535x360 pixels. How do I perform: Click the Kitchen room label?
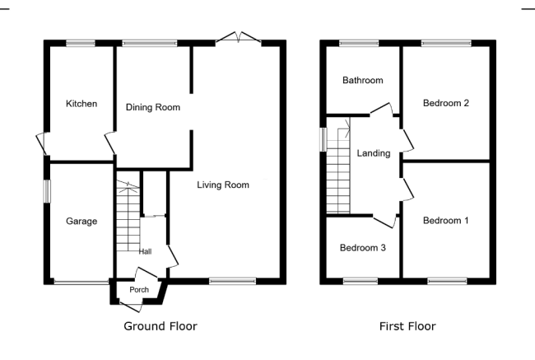click(x=81, y=104)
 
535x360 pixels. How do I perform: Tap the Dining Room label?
click(x=153, y=107)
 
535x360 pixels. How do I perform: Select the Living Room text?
click(x=223, y=185)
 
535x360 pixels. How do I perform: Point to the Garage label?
click(x=81, y=222)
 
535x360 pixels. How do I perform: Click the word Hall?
click(x=145, y=252)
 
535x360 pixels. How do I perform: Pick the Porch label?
click(x=139, y=290)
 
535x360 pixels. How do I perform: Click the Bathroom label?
click(x=363, y=80)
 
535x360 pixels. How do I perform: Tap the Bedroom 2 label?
click(x=445, y=103)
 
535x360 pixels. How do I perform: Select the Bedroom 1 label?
click(x=445, y=220)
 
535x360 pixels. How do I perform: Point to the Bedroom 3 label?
click(x=363, y=248)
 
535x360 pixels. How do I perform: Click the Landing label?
click(x=374, y=153)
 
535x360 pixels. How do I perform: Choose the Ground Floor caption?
click(x=160, y=326)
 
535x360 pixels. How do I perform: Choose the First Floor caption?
click(x=407, y=326)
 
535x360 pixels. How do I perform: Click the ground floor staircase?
click(x=128, y=216)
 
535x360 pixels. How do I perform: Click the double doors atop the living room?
click(x=239, y=38)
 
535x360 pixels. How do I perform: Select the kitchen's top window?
click(x=81, y=43)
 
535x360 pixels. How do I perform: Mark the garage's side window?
click(x=47, y=192)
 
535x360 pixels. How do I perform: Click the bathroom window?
click(x=359, y=43)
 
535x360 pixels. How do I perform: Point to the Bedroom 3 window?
click(x=361, y=281)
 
